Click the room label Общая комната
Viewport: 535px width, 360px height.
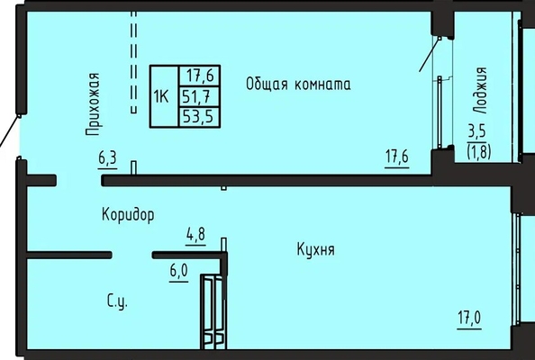tap(298, 84)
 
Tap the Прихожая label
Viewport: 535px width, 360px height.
tap(93, 104)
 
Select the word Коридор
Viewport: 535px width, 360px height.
tap(128, 215)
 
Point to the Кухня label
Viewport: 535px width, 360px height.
tap(315, 249)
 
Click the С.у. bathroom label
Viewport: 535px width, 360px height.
tap(117, 301)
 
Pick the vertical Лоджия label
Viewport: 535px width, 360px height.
tap(479, 90)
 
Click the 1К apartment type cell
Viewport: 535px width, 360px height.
tap(161, 97)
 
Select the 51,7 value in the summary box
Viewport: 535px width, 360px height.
tap(195, 97)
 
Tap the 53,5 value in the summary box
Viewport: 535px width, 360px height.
tap(198, 117)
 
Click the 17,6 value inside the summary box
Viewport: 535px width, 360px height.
tap(200, 76)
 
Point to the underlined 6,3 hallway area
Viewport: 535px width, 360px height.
tap(107, 159)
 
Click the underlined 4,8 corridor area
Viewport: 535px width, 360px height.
tap(195, 236)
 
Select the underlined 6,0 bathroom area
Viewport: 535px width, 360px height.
tap(179, 273)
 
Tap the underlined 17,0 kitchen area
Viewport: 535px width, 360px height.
tap(469, 319)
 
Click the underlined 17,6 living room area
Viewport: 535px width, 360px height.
tap(397, 158)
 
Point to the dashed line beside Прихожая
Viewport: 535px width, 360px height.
tap(134, 62)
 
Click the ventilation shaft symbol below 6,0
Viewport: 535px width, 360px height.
tap(213, 311)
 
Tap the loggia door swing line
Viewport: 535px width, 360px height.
tap(430, 55)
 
